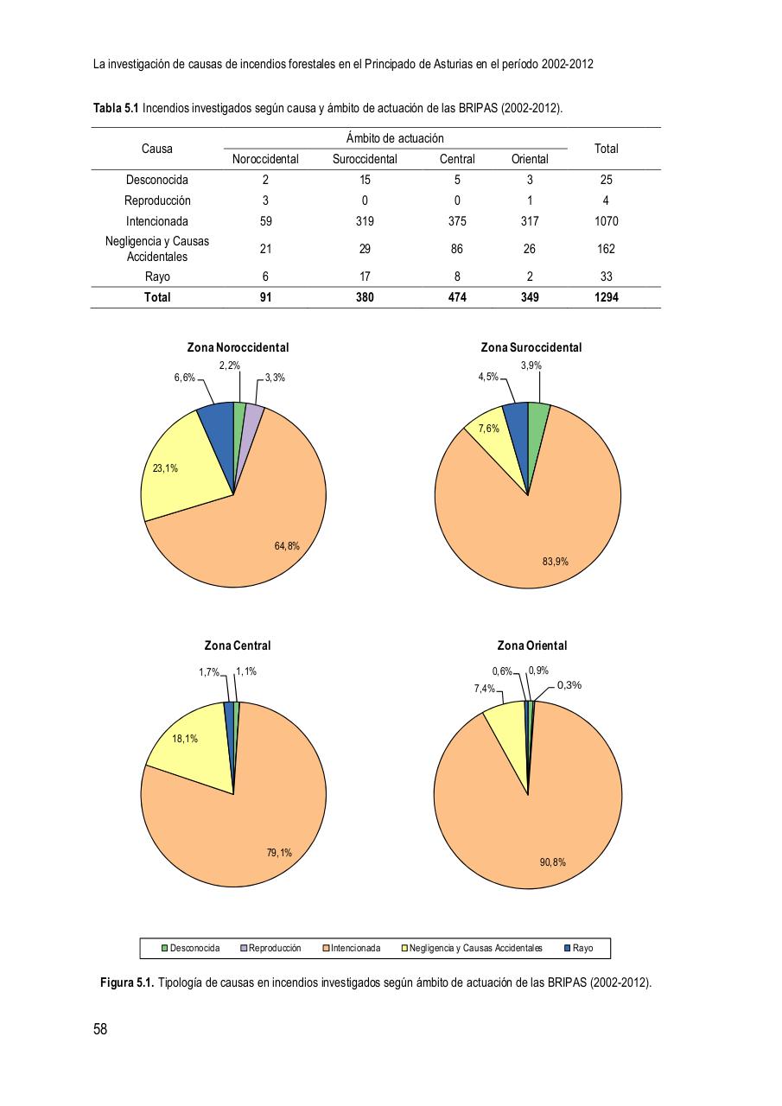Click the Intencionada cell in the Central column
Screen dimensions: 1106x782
[456, 221]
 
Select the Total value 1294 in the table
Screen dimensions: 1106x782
[606, 297]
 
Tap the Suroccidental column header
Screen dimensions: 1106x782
[365, 159]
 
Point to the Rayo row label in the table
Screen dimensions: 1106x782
[157, 276]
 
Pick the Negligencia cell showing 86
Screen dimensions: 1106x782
[456, 249]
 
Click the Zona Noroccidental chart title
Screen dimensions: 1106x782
[238, 347]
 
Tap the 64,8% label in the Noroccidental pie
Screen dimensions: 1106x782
[287, 545]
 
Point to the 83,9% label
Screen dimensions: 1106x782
[556, 562]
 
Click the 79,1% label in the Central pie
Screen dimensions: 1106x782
[279, 853]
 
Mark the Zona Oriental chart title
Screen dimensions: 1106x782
[532, 645]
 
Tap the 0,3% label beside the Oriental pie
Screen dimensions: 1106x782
[569, 685]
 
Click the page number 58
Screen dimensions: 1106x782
[100, 1029]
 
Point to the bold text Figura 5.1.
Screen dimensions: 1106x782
[127, 983]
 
